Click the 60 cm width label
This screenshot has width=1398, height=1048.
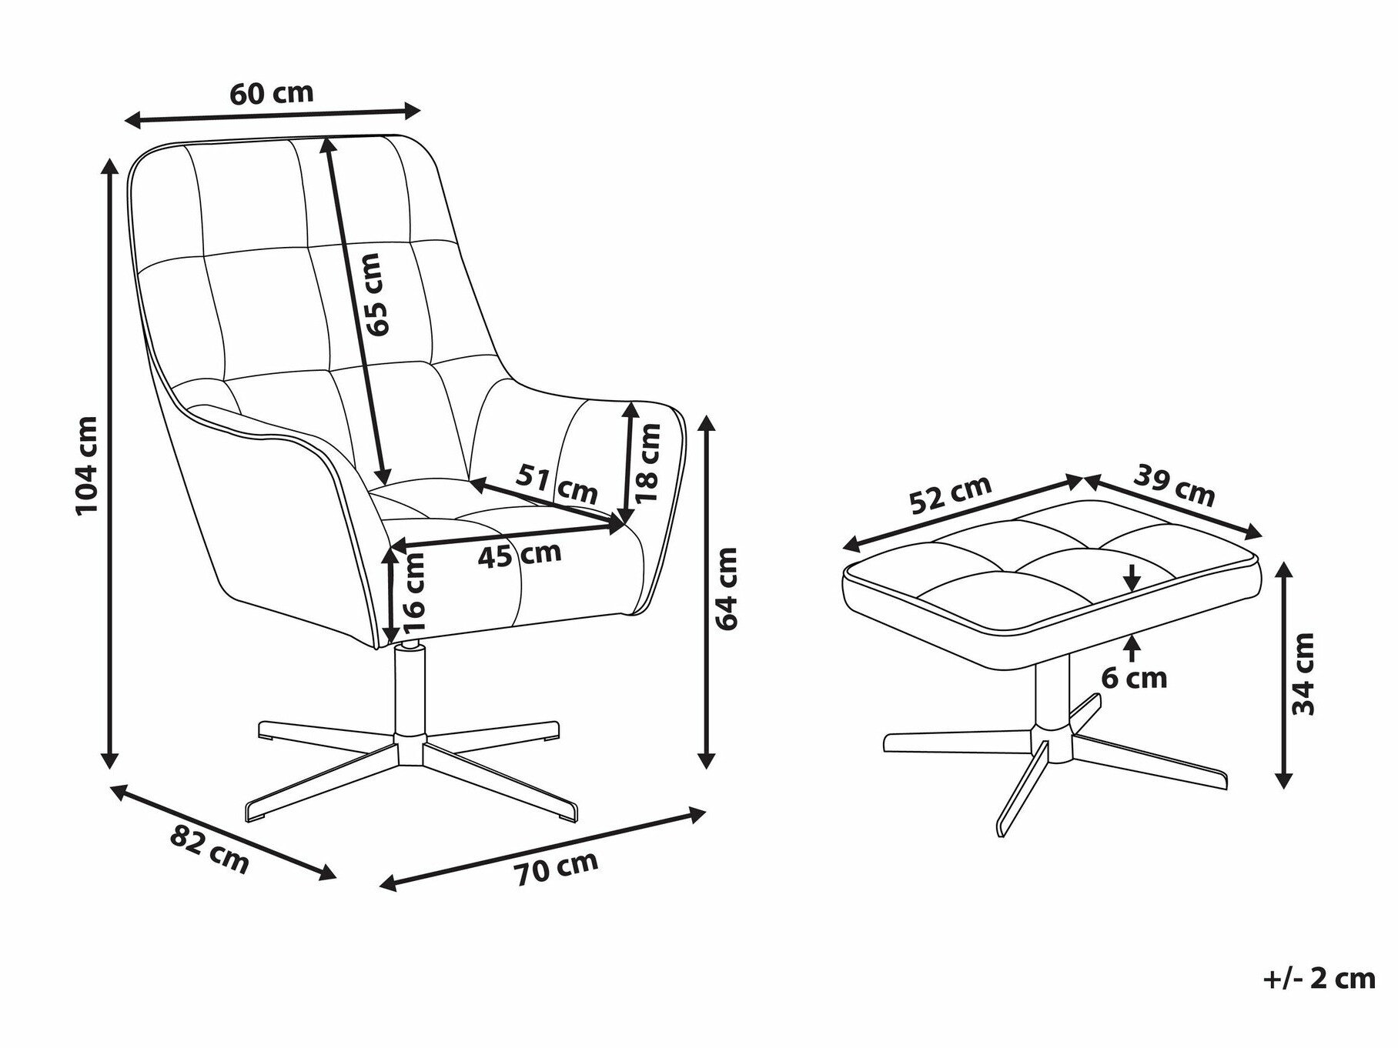pyautogui.click(x=272, y=93)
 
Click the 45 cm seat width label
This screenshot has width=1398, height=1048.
pyautogui.click(x=520, y=554)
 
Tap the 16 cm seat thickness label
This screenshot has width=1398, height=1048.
pyautogui.click(x=413, y=587)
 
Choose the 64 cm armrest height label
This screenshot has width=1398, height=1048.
pyautogui.click(x=726, y=588)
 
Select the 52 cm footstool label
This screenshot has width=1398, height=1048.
pyautogui.click(x=950, y=495)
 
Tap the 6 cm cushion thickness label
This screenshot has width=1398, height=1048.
pyautogui.click(x=1134, y=678)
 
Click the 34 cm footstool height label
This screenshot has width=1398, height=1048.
pyautogui.click(x=1303, y=675)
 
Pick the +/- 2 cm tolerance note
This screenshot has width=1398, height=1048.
pyautogui.click(x=1319, y=978)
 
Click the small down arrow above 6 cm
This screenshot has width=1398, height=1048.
pyautogui.click(x=1132, y=576)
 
